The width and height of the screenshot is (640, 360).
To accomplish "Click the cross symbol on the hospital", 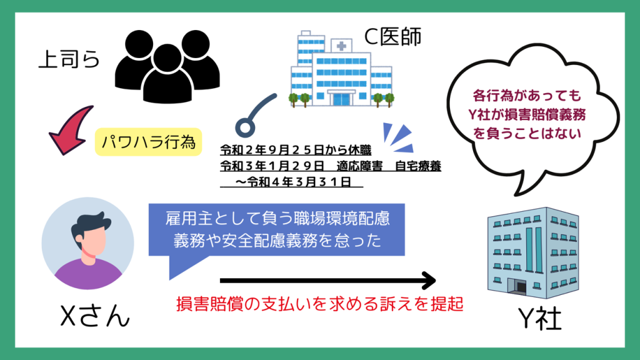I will click(x=342, y=46).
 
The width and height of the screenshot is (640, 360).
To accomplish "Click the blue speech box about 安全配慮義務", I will click(x=277, y=229).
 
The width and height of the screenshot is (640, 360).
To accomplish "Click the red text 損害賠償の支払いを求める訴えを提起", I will click(x=319, y=306).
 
